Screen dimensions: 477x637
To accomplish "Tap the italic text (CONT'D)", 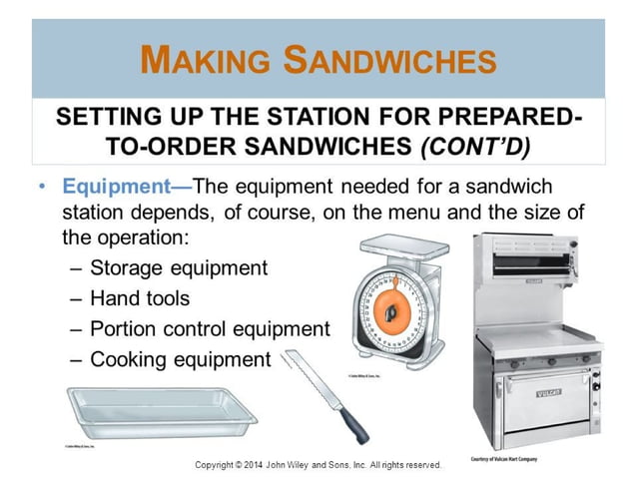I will click(476, 146).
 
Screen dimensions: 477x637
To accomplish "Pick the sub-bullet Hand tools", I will click(139, 297).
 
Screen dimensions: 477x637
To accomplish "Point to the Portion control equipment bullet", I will click(209, 328).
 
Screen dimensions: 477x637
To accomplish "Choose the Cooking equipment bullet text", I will click(180, 359).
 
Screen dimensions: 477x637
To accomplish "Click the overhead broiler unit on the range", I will click(535, 261).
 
